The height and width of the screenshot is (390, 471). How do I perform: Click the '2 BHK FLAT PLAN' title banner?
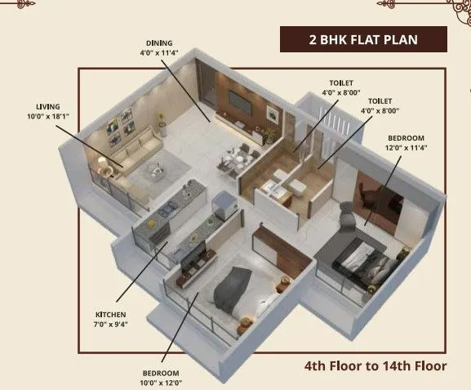click(x=363, y=38)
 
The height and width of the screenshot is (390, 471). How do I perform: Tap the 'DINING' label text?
click(x=160, y=43)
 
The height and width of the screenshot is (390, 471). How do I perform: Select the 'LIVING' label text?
click(x=47, y=105)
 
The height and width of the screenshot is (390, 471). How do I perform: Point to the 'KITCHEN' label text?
click(x=111, y=313)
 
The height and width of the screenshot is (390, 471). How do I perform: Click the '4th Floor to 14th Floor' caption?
click(x=375, y=365)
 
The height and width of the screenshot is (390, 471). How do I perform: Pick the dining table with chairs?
click(x=238, y=156)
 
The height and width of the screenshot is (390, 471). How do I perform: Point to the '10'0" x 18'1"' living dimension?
click(x=47, y=115)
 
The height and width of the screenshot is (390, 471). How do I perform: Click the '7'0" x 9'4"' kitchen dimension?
click(x=111, y=323)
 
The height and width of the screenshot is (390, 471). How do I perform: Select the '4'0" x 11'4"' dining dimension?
click(x=160, y=52)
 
